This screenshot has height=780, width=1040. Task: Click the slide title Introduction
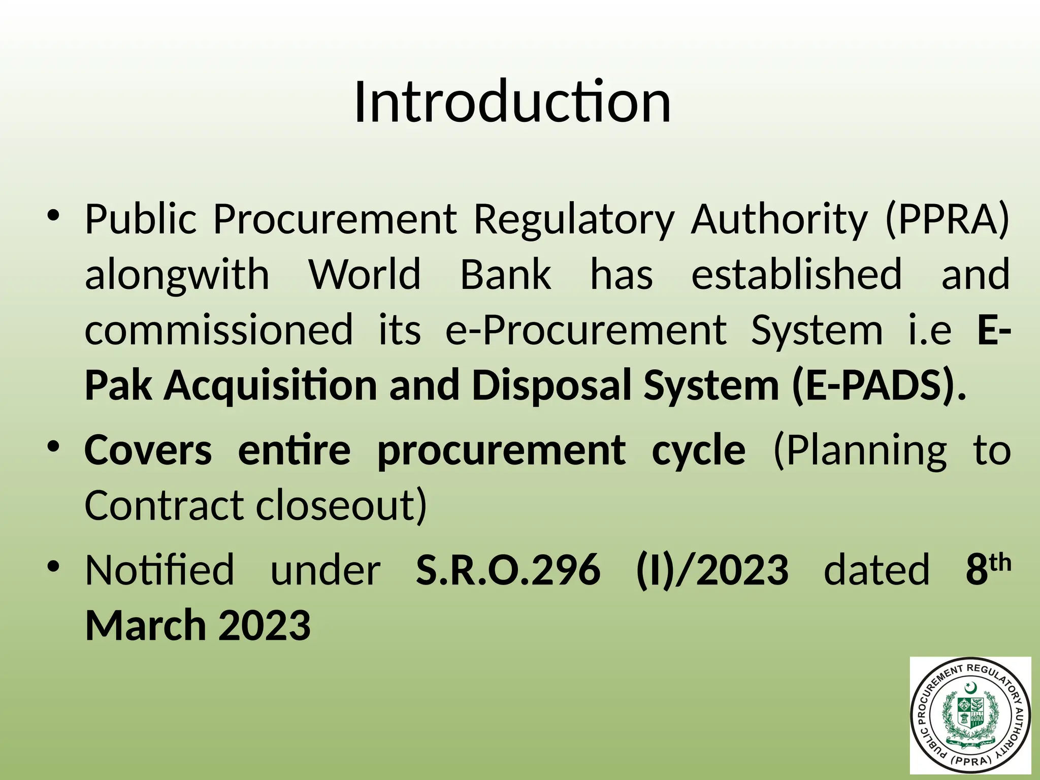512,103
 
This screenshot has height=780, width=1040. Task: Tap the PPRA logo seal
970,716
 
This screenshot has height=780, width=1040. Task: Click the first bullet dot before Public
54,216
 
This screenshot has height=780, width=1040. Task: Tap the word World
365,275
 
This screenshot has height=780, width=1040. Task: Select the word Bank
505,275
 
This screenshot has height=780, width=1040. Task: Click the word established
796,275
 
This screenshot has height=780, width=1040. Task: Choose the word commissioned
218,330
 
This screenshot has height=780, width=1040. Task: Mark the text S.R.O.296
508,570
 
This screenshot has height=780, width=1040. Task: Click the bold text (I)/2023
712,570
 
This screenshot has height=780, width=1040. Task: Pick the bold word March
145,626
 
